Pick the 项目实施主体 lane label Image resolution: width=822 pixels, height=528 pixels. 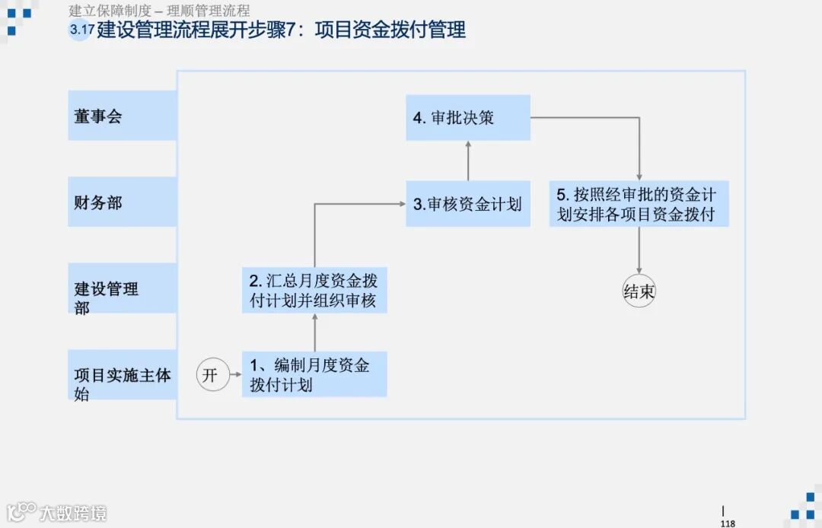122,375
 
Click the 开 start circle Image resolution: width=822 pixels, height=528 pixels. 213,375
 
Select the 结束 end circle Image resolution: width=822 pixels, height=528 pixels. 639,292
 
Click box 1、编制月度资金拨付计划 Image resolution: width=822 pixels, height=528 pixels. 314,374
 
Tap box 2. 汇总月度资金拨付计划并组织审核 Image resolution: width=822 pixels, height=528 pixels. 314,290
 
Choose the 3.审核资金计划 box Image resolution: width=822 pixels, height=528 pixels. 467,204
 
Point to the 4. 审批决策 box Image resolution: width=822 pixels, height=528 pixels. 467,117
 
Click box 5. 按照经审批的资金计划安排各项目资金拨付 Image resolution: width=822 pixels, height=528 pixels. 639,203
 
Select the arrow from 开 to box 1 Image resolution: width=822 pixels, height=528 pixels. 236,374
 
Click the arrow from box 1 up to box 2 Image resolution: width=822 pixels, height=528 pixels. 314,332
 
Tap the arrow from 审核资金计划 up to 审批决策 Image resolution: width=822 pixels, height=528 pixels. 468,161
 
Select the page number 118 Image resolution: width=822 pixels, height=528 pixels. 728,523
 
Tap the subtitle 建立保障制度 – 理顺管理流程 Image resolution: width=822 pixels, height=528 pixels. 159,11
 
